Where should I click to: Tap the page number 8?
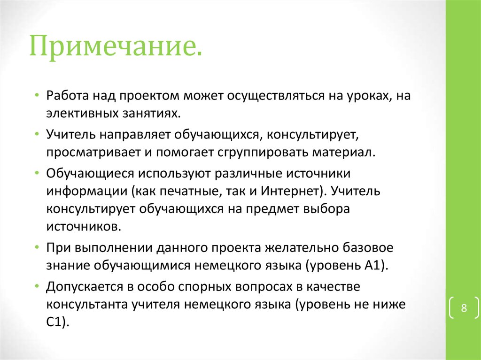pyautogui.click(x=464, y=308)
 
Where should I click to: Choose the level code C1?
pyautogui.click(x=57, y=322)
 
